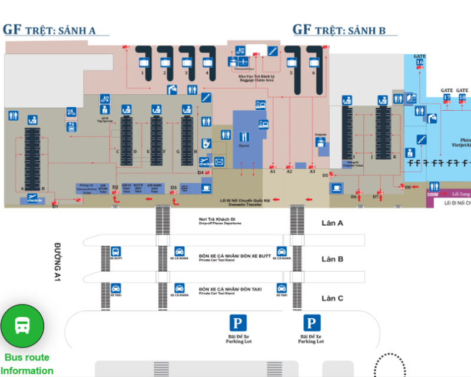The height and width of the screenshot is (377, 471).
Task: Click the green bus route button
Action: [22, 326]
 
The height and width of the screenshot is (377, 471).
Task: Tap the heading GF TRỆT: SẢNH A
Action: [49, 30]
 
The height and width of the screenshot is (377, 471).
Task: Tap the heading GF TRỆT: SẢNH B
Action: [339, 30]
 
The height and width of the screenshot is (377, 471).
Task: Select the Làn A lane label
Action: [332, 223]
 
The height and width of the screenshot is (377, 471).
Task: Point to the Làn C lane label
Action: [332, 298]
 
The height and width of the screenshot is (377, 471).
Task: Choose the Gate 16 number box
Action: [420, 61]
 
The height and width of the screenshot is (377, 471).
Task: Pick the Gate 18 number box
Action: [462, 97]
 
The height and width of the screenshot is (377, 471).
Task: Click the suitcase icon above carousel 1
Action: [143, 62]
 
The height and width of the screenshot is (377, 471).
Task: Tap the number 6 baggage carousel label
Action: [313, 73]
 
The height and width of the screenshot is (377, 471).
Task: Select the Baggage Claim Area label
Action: [256, 78]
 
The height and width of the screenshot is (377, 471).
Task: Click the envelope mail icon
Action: [219, 161]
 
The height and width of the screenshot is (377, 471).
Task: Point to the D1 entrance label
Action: [55, 206]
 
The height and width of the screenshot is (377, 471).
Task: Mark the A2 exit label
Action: [289, 171]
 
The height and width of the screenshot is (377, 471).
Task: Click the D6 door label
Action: [354, 197]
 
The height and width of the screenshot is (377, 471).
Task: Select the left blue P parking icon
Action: [238, 323]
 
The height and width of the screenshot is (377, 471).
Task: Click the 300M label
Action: [433, 193]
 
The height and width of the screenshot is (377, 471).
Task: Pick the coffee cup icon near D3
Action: [206, 188]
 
